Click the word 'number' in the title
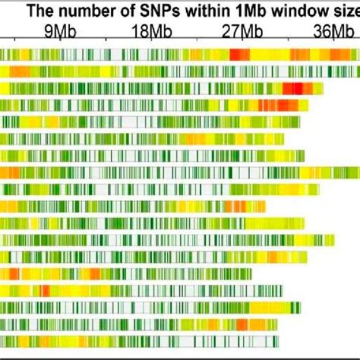point(81,11)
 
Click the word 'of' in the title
point(118,11)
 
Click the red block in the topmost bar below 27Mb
point(240,55)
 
